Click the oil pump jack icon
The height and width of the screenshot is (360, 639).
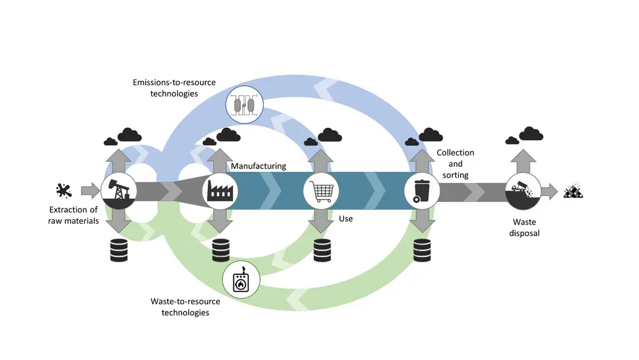click(119, 190)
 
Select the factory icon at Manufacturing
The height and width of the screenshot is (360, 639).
click(220, 190)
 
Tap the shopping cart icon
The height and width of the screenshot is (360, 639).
click(321, 190)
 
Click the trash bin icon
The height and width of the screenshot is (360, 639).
click(422, 190)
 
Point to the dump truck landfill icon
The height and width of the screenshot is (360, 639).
click(523, 190)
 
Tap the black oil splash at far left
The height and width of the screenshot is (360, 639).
click(64, 190)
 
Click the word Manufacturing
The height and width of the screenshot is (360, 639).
click(258, 166)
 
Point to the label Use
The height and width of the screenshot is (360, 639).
click(346, 219)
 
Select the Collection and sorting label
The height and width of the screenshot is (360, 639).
click(455, 164)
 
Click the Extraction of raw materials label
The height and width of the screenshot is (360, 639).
click(73, 215)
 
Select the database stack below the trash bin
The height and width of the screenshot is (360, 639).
click(422, 250)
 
